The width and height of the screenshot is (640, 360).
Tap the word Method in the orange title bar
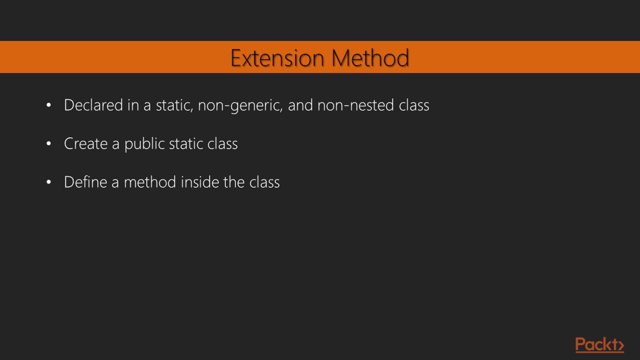tap(370, 58)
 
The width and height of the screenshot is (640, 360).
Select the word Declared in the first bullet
tap(93, 105)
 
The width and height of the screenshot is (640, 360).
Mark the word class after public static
tap(222, 143)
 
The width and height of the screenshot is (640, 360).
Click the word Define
tap(85, 182)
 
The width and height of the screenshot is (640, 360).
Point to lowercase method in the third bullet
tap(150, 182)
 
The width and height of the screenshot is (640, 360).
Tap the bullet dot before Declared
tap(48, 105)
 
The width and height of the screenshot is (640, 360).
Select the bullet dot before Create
tap(48, 144)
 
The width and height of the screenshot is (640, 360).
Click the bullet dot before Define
tap(48, 182)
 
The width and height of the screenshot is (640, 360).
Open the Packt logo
tap(599, 345)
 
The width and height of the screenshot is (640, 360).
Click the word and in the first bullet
tap(300, 105)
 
